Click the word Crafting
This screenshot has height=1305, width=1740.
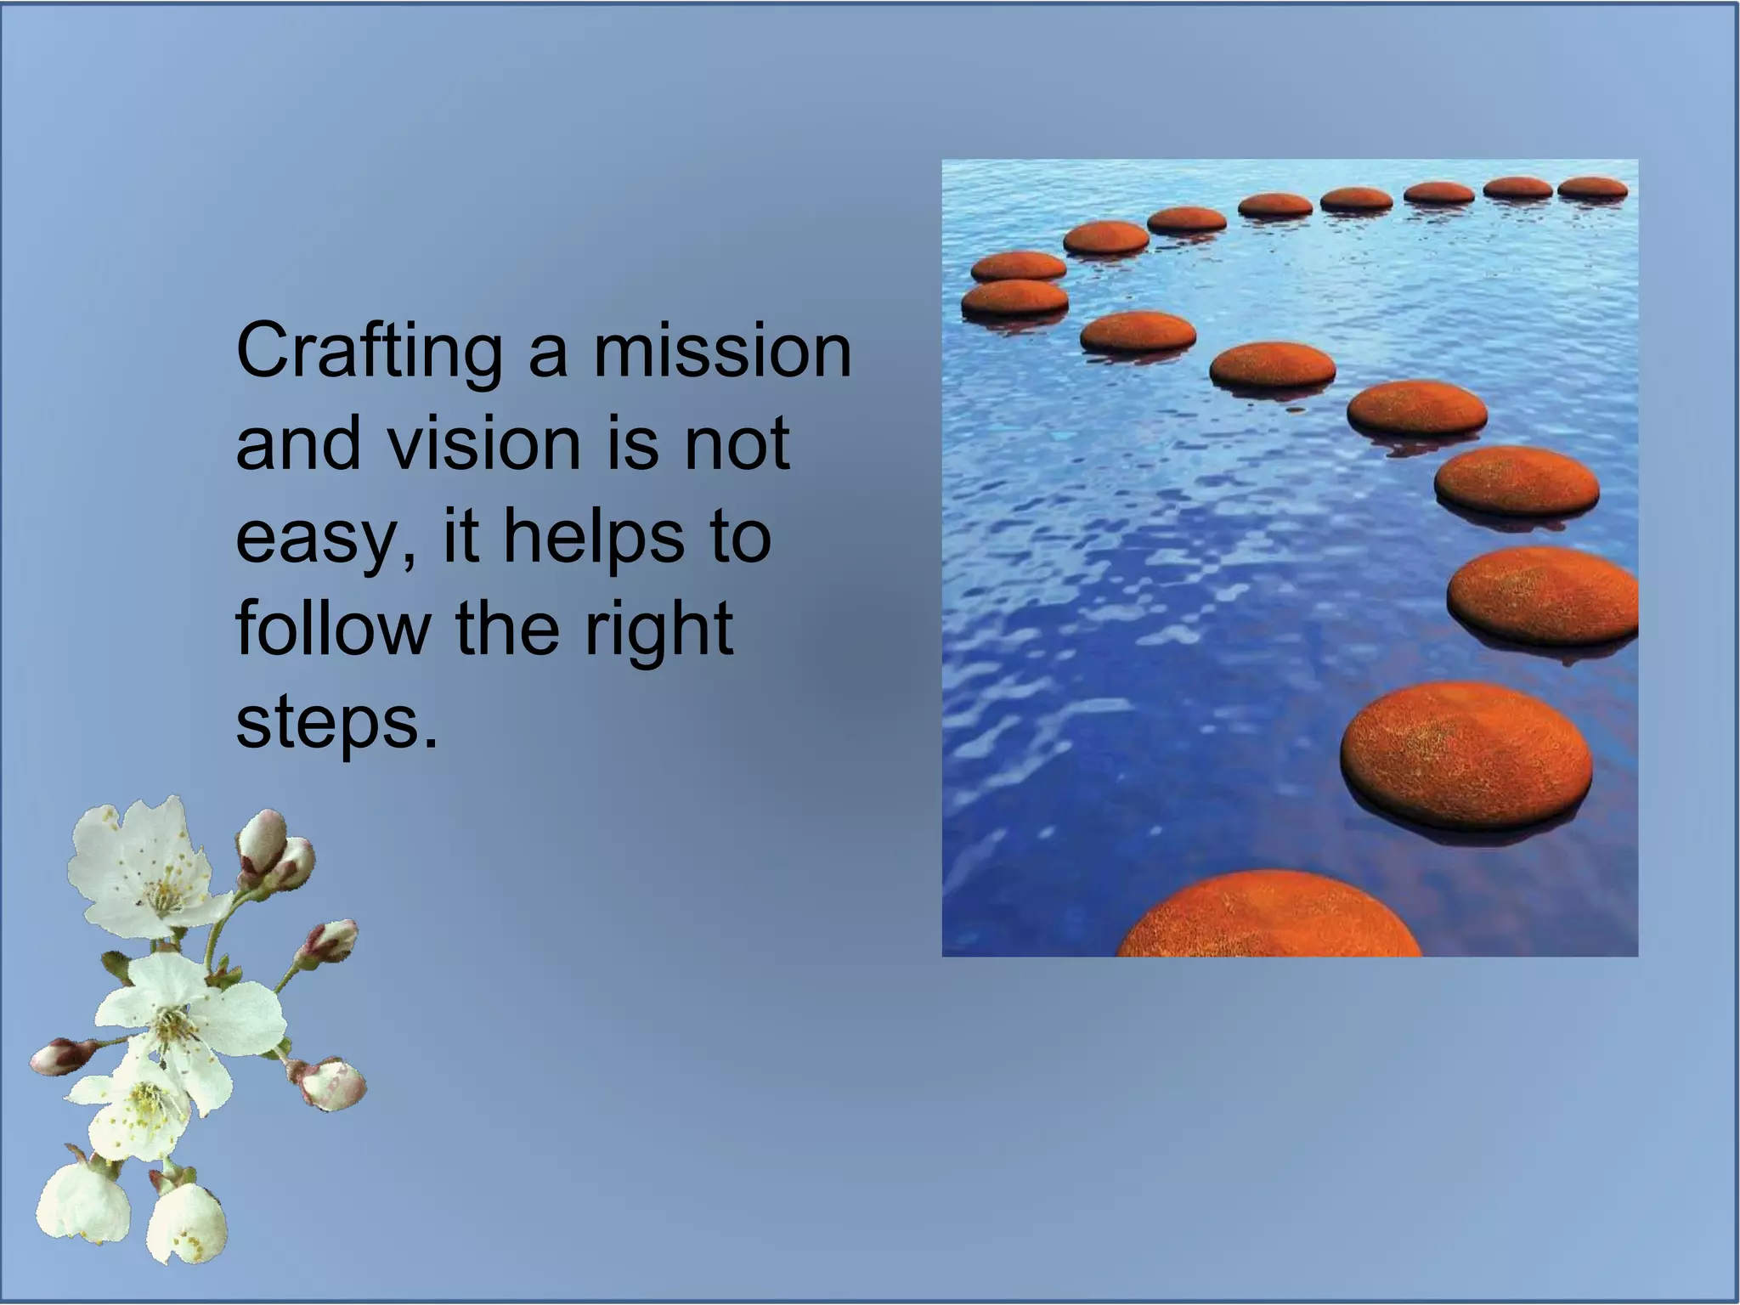[369, 353]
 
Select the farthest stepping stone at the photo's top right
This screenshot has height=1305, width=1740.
[1592, 188]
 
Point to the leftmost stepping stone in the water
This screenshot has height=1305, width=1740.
[1014, 298]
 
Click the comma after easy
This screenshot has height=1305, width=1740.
[410, 560]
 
